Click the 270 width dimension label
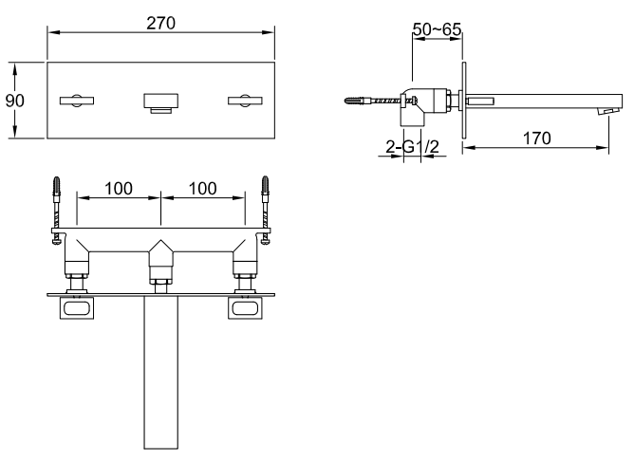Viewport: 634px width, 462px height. tap(161, 24)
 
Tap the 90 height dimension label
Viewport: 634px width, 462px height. tap(15, 101)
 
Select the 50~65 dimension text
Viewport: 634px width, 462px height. tap(437, 29)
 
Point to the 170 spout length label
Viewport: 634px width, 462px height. tap(536, 139)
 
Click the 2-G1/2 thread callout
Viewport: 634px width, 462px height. tap(413, 147)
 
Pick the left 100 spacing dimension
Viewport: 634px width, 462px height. tap(119, 189)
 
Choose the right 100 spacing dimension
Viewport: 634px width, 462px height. tap(202, 189)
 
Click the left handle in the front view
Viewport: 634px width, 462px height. tap(77, 101)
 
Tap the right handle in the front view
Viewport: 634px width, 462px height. tap(245, 101)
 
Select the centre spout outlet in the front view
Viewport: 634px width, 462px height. tap(161, 103)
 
